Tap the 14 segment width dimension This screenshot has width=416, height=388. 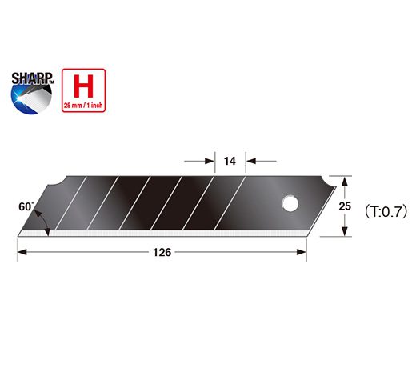(x=230, y=162)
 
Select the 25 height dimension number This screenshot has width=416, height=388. (x=346, y=206)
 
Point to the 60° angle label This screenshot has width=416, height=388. (x=25, y=206)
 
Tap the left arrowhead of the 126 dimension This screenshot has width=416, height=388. (x=22, y=252)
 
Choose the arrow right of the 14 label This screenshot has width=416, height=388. (x=249, y=161)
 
